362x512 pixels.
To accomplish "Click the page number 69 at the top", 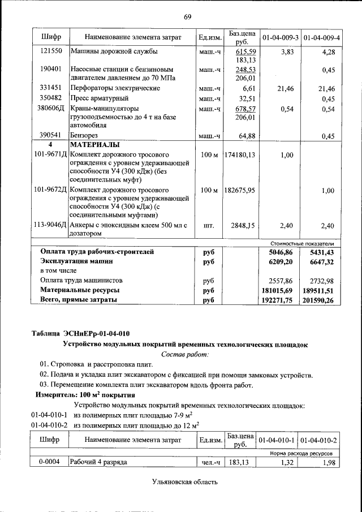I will click(x=187, y=16).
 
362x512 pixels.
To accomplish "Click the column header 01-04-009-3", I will click(x=280, y=37).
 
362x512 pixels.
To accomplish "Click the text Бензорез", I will click(x=84, y=136).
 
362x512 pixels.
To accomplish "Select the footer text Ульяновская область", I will click(x=184, y=482).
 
